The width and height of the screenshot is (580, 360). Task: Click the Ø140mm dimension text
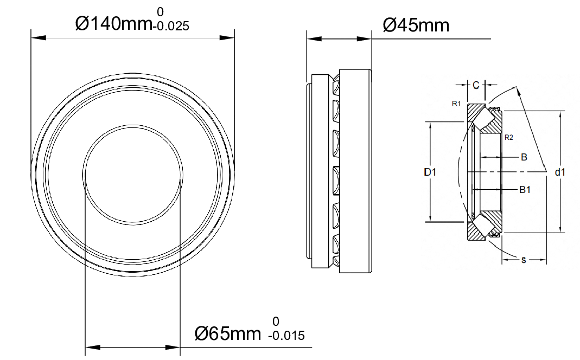(x=113, y=24)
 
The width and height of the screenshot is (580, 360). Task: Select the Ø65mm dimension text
(x=228, y=334)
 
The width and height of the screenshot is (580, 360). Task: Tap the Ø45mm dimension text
(x=416, y=25)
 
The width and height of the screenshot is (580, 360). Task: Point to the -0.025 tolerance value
(x=171, y=26)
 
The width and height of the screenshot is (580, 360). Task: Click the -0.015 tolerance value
(x=286, y=336)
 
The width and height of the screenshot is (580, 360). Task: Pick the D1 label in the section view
(x=430, y=172)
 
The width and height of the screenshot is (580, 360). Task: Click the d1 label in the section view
(x=560, y=172)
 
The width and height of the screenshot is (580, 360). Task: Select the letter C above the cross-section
(x=476, y=85)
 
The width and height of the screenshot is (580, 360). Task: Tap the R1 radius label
(x=456, y=104)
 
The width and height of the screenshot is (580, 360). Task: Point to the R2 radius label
(x=509, y=138)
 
